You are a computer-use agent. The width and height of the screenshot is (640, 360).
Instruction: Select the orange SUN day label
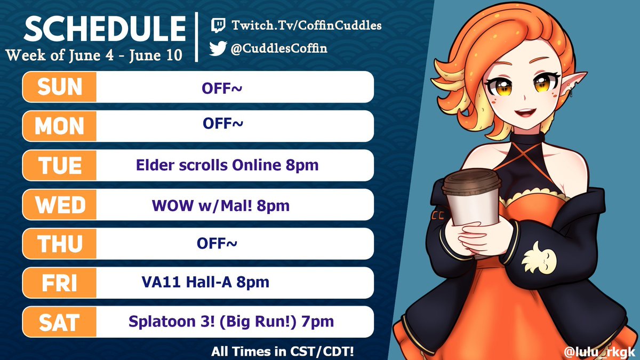pos(60,87)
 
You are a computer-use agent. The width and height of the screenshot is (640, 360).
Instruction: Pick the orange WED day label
pos(60,204)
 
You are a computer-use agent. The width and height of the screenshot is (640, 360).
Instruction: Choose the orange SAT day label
pos(60,322)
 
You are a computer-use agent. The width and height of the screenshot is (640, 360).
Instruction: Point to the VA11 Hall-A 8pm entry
pos(203,282)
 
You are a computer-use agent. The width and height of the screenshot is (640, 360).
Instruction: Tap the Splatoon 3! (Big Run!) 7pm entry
pos(231,322)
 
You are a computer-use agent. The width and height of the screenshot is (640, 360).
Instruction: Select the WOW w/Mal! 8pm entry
pos(221,205)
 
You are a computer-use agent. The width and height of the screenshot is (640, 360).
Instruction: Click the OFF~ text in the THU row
pos(217,243)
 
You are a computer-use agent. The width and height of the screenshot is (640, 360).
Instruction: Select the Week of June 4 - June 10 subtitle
pos(94,54)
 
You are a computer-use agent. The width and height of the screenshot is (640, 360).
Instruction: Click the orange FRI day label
pos(60,283)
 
